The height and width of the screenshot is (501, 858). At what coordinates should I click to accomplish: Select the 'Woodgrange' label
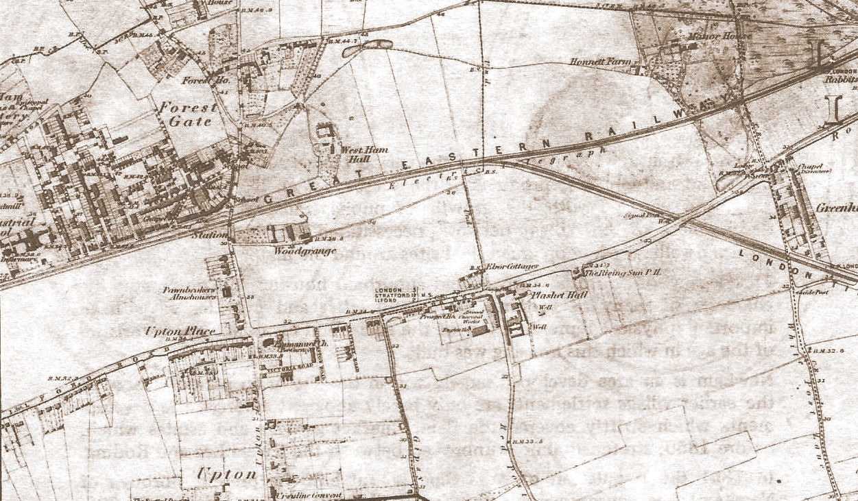(305, 252)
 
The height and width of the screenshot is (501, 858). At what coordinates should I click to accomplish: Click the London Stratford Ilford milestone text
(396, 295)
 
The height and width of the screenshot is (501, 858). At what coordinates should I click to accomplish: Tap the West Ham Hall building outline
(325, 130)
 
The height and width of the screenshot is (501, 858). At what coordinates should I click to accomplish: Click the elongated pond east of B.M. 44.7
(377, 45)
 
